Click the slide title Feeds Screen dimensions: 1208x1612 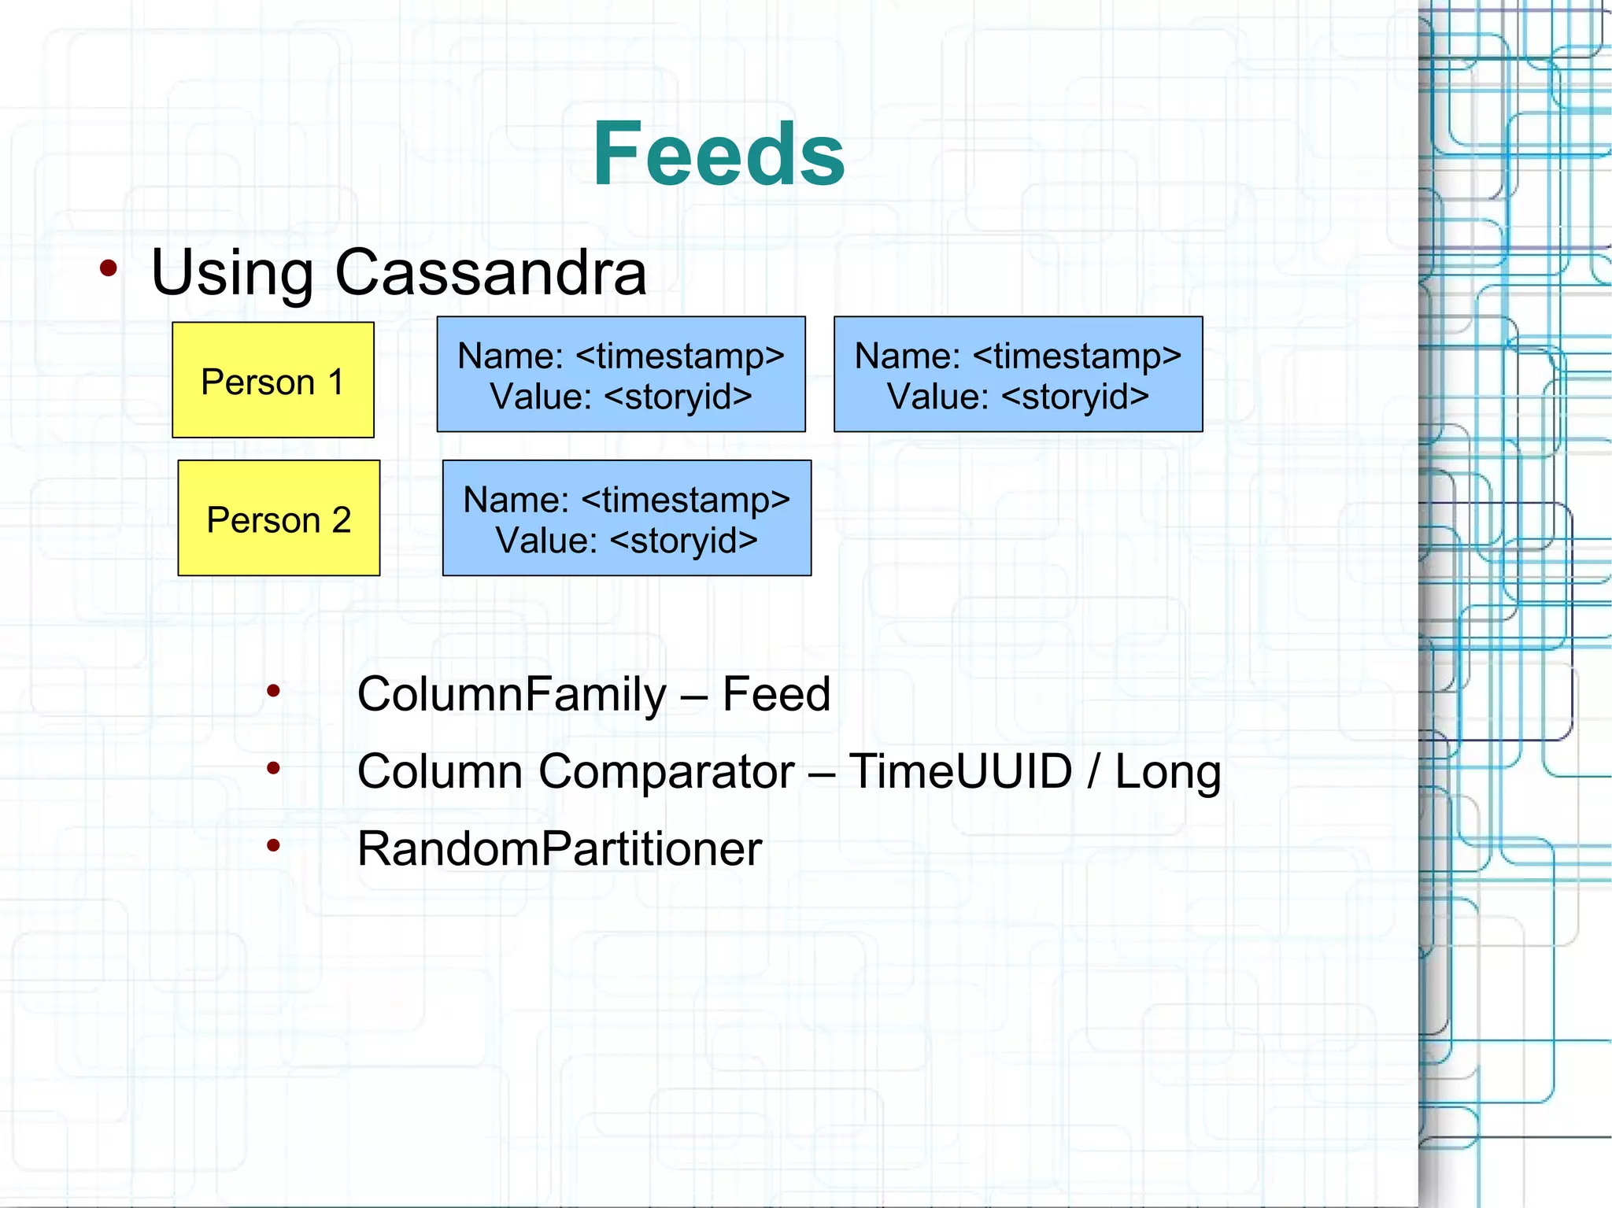click(x=718, y=154)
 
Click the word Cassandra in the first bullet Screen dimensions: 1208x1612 click(x=490, y=272)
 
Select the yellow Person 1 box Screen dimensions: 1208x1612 click(x=272, y=380)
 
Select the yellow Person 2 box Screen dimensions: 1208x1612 click(x=279, y=518)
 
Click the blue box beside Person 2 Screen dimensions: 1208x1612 click(x=627, y=518)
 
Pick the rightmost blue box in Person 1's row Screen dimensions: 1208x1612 click(x=1018, y=375)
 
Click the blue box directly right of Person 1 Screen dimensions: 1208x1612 click(x=620, y=375)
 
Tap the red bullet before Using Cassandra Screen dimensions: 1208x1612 click(x=109, y=269)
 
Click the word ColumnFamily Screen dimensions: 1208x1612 click(x=511, y=694)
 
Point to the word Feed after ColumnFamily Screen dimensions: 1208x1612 click(x=776, y=694)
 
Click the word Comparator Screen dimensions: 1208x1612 click(x=666, y=771)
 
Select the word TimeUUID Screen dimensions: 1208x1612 click(x=960, y=771)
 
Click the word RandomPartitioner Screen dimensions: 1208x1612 click(x=559, y=849)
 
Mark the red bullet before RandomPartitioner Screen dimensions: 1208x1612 click(x=273, y=846)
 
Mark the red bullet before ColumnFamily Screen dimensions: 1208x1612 click(x=273, y=691)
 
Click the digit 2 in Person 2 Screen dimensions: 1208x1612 click(x=341, y=520)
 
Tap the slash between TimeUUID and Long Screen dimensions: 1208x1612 click(x=1093, y=771)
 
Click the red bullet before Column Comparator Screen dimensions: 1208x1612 click(x=273, y=768)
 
